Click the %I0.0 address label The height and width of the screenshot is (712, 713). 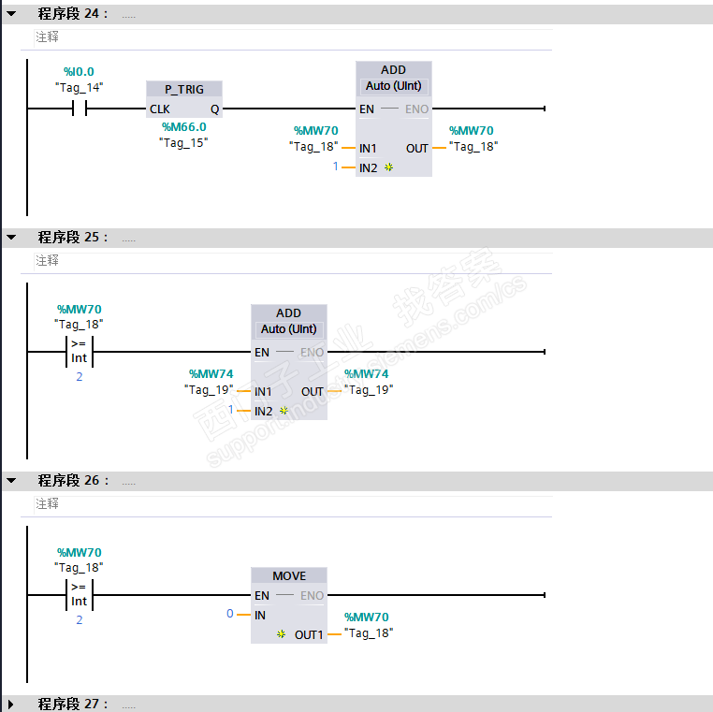click(79, 71)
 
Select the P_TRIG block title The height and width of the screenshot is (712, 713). click(183, 89)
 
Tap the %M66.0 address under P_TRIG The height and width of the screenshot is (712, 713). click(183, 127)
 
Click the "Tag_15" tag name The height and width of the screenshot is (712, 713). click(183, 142)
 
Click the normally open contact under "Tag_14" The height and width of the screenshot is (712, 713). click(79, 109)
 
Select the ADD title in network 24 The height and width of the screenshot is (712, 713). click(393, 70)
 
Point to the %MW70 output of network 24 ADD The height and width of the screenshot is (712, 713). click(472, 131)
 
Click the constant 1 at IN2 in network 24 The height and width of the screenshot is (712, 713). click(335, 167)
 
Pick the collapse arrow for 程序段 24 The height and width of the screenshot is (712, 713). click(11, 14)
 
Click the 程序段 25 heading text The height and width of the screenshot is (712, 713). click(73, 238)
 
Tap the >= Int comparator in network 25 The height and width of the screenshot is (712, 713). click(79, 352)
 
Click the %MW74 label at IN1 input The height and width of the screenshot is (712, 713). click(211, 374)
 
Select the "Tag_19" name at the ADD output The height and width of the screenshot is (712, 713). click(369, 390)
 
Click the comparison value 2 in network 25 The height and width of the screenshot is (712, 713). click(79, 376)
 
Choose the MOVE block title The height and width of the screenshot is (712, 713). click(289, 575)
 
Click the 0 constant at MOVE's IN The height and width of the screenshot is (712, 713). click(230, 614)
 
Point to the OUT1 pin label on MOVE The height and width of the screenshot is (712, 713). click(309, 634)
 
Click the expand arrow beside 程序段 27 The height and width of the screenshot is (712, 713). click(11, 704)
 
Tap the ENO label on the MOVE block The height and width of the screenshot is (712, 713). click(312, 595)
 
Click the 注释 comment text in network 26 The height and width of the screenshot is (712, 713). click(48, 503)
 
